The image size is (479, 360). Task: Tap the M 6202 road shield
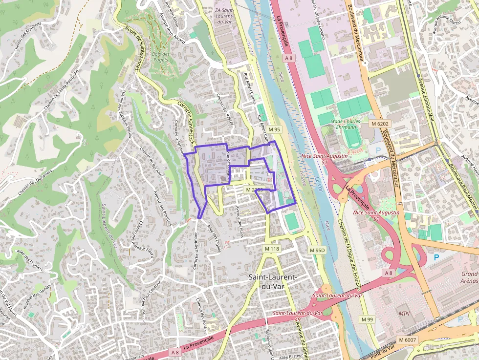(x=379, y=124)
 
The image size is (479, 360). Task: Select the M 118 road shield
(x=272, y=249)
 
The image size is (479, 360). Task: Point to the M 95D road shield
(x=317, y=250)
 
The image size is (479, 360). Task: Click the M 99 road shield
(x=367, y=319)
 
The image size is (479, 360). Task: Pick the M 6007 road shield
(x=407, y=339)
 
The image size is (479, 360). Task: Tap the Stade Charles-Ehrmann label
(x=346, y=124)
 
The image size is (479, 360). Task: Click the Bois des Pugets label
(x=160, y=57)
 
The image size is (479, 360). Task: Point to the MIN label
(x=404, y=313)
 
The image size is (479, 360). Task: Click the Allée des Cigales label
(x=214, y=238)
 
